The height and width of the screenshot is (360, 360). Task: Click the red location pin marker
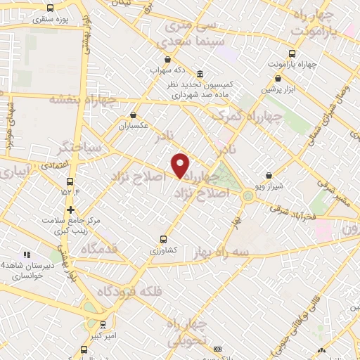[181, 165]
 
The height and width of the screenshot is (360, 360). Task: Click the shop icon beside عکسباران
[134, 115]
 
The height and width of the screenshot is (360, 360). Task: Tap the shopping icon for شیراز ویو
[269, 175]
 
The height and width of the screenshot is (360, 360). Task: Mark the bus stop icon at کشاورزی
[163, 239]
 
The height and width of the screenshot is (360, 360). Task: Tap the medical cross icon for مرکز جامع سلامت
[70, 210]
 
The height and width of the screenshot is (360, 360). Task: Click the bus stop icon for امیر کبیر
[103, 325]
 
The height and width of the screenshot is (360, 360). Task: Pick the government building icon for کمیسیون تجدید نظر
[200, 74]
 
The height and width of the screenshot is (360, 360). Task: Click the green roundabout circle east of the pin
[248, 195]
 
